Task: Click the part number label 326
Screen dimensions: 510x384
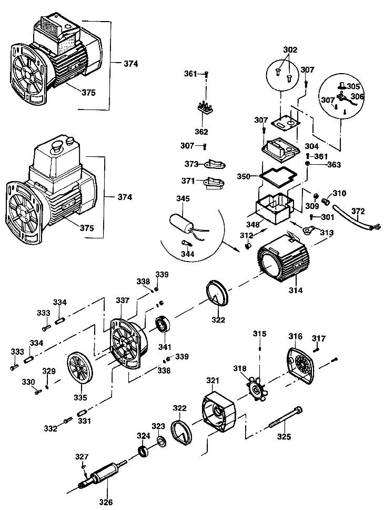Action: click(x=106, y=502)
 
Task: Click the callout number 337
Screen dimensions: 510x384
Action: click(x=122, y=301)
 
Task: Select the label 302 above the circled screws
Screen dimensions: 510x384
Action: click(x=290, y=50)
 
